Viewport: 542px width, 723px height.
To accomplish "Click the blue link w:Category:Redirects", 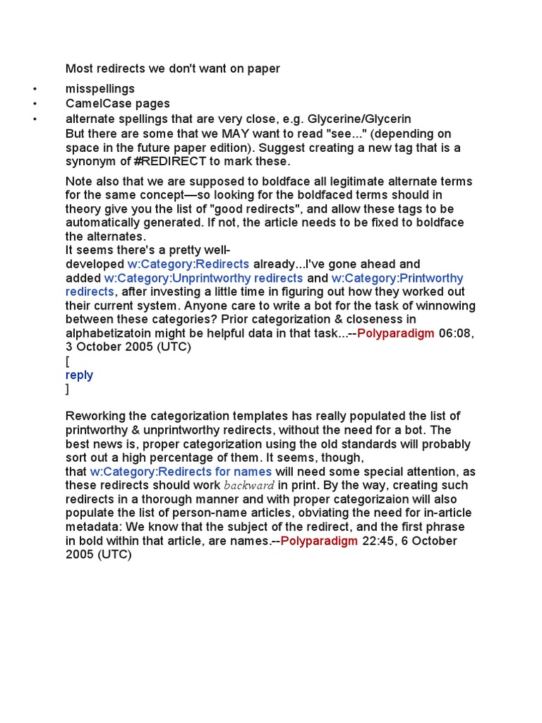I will coord(188,264).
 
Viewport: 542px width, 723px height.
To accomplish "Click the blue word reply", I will coord(79,375).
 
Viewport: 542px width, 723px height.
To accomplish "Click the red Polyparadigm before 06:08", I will coord(396,333).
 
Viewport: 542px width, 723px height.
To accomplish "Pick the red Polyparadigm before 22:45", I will coord(319,541).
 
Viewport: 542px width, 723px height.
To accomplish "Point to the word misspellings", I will coord(100,89).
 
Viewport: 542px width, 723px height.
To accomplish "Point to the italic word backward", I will coord(249,486).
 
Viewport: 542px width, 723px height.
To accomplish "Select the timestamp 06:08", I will coord(455,333).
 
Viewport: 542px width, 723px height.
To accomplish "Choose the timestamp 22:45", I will coord(378,541).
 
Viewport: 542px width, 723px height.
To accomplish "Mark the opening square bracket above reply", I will coord(68,361).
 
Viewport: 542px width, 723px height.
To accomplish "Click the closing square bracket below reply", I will coord(68,389).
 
